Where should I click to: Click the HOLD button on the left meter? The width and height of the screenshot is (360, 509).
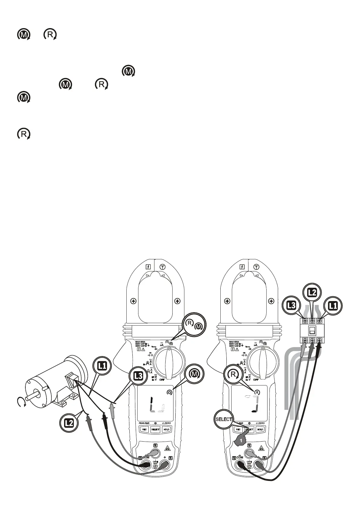tap(166, 429)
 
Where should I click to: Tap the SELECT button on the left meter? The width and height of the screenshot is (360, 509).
tap(155, 429)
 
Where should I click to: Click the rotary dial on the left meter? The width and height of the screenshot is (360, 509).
tap(169, 361)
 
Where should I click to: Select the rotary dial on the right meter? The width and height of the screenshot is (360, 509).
tap(263, 361)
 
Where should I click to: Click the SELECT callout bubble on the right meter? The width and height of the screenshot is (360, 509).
tap(224, 419)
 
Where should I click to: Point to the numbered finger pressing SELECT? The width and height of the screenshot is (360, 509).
tap(241, 440)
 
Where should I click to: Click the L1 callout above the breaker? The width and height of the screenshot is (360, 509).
tap(333, 306)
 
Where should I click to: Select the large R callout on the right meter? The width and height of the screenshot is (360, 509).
tap(233, 375)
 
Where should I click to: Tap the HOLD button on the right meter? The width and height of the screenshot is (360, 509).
tap(260, 429)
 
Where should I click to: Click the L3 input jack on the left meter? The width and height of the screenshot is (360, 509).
tap(155, 453)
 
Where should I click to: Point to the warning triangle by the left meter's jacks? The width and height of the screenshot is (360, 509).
tap(167, 448)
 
